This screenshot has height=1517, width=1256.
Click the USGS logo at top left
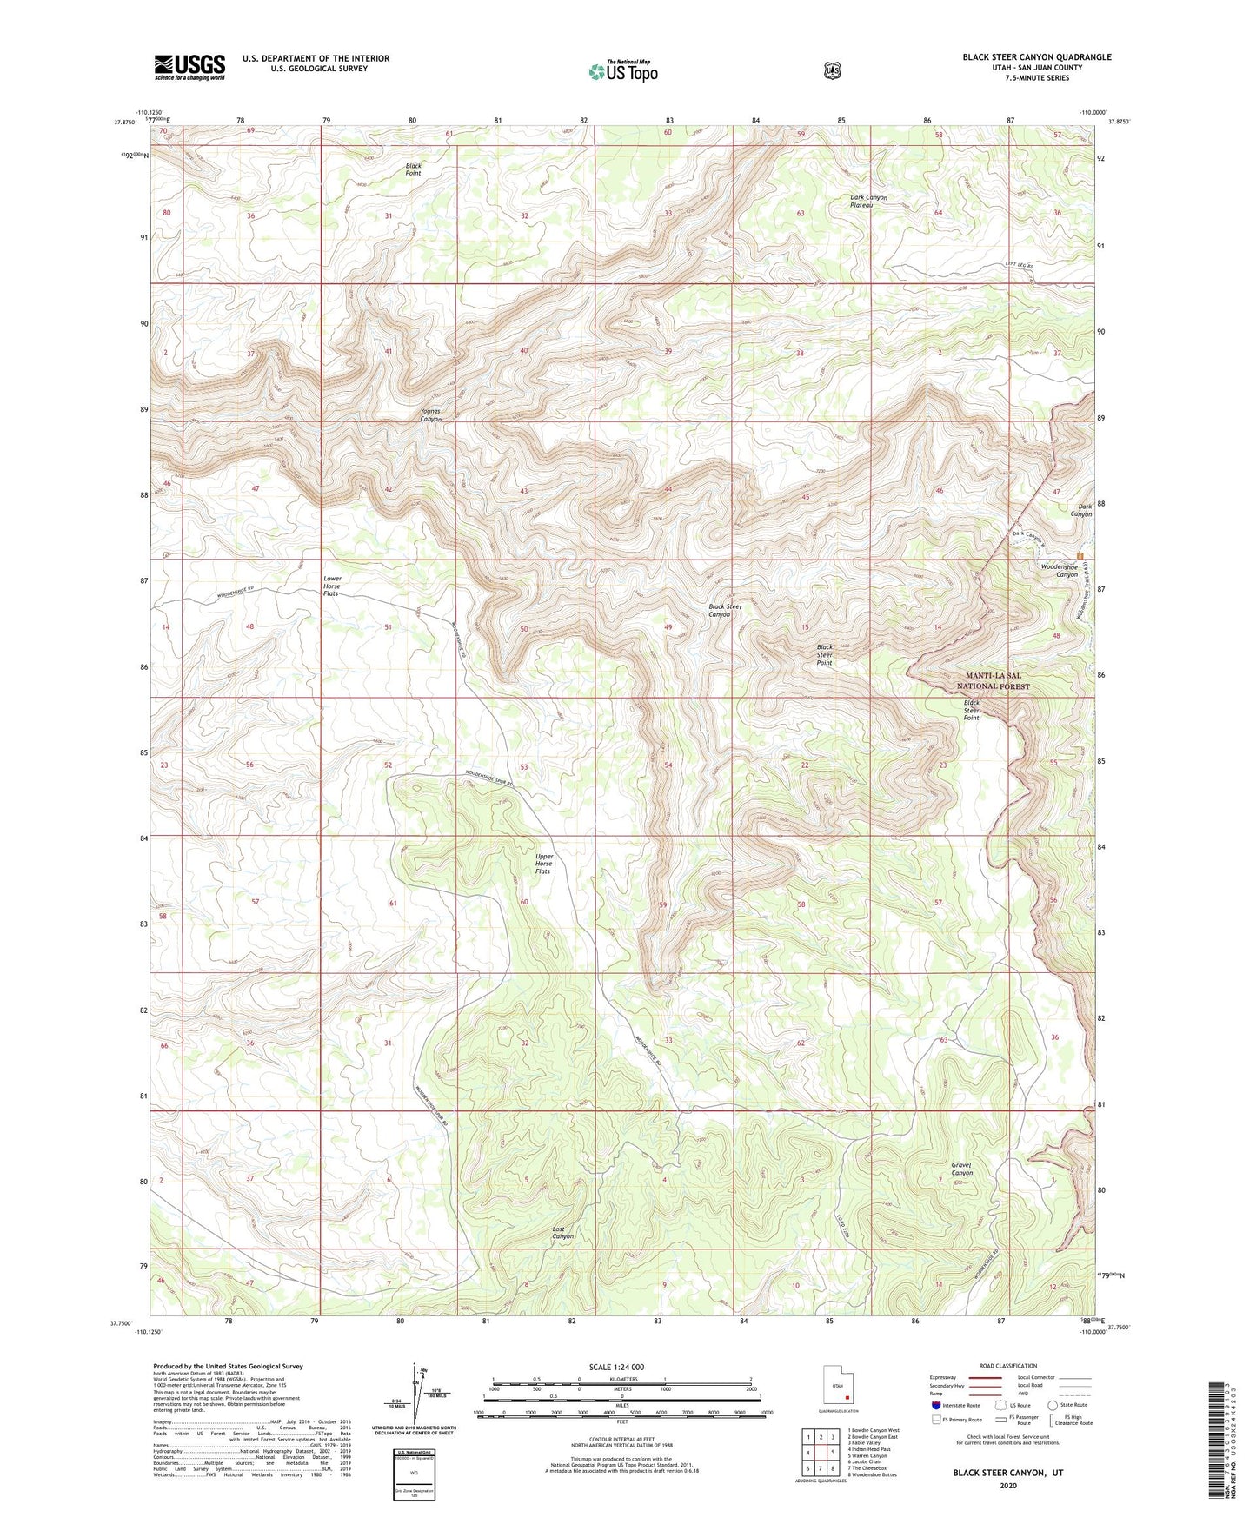click(189, 67)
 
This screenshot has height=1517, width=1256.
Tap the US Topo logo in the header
click(622, 71)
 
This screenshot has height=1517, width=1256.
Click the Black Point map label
click(413, 169)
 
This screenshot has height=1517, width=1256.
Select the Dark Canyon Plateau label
click(868, 201)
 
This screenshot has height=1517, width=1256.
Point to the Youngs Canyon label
click(431, 414)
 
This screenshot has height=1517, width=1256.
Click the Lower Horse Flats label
click(331, 586)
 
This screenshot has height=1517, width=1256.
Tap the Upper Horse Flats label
click(543, 863)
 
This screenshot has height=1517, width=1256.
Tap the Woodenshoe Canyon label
click(1060, 570)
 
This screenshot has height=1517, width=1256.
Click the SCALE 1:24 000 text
click(616, 1367)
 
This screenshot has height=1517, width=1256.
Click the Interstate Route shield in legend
click(935, 1404)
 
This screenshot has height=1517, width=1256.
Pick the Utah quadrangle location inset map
click(839, 1387)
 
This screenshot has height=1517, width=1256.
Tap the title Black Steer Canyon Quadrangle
click(1036, 57)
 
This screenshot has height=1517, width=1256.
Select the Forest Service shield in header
click(832, 70)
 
